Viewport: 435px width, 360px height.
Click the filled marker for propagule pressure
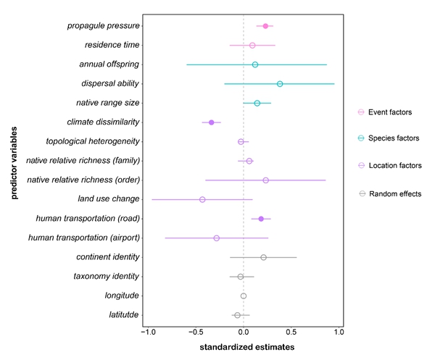tap(265, 26)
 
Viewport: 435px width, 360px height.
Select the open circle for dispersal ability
tap(280, 84)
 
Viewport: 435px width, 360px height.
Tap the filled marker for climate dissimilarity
tap(212, 122)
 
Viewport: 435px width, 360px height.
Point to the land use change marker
tap(202, 199)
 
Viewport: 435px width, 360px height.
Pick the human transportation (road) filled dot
tap(261, 219)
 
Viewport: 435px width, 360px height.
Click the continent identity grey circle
tap(263, 257)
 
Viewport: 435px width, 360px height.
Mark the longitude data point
tap(244, 296)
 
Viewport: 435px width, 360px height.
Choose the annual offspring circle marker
tap(255, 64)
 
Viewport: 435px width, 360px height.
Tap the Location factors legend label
tap(395, 166)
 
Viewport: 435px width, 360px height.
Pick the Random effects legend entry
tap(395, 193)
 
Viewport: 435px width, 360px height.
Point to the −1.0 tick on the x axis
tap(147, 332)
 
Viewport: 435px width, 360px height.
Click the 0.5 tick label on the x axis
tap(291, 332)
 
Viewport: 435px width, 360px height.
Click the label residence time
tap(112, 45)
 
